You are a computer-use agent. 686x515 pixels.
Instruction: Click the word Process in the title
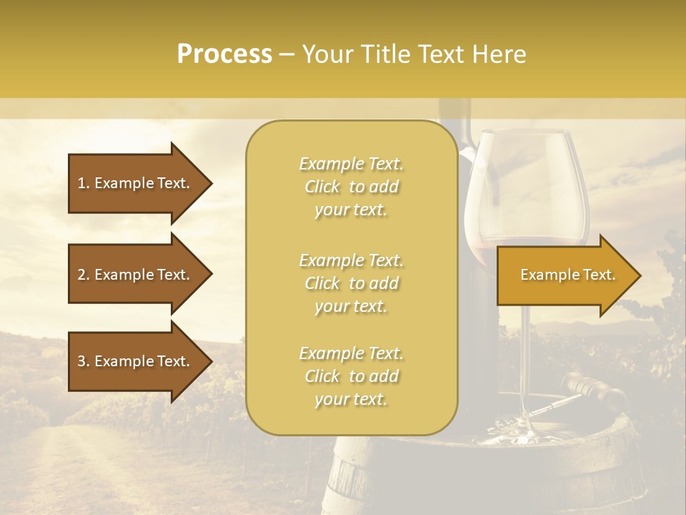[224, 54]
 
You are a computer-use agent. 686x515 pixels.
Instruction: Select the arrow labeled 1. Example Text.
[136, 183]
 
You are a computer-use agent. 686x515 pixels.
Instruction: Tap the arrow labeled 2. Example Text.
[136, 275]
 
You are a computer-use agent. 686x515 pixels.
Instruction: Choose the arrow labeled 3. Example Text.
[136, 361]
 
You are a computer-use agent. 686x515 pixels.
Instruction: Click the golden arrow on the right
[565, 275]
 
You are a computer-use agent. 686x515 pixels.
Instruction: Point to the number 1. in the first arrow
[84, 183]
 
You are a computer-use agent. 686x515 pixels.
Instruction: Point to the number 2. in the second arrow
[84, 275]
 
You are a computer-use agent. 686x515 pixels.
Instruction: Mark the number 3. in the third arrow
[84, 361]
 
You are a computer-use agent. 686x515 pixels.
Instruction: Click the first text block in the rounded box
[351, 187]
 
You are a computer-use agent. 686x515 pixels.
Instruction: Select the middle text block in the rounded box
[351, 283]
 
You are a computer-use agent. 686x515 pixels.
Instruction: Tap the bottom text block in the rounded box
[351, 376]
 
